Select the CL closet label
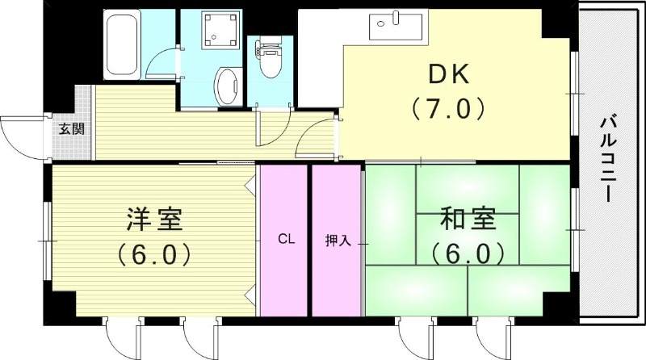pos(283,240)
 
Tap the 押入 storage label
pos(336,241)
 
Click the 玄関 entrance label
pos(69,129)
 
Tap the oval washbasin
pos(228,85)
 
